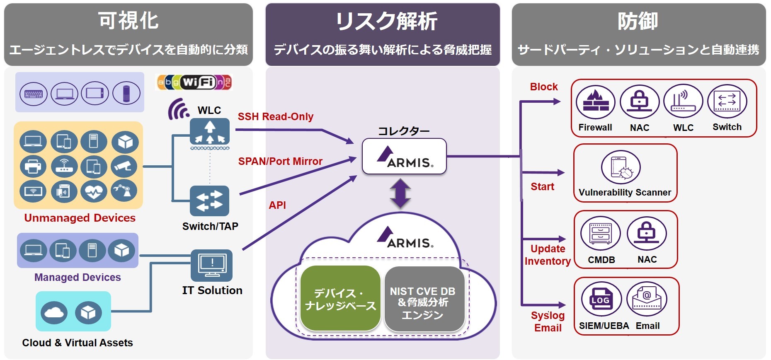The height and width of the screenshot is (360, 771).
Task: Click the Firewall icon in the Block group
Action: coord(596,102)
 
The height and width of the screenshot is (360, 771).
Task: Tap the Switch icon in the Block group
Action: coord(727,101)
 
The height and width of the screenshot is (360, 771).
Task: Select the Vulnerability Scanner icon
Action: coord(621,167)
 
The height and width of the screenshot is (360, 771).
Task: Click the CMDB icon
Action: coord(601,233)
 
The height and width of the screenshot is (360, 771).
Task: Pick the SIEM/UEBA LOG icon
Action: coord(601,299)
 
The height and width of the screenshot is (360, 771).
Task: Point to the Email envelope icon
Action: coord(647,299)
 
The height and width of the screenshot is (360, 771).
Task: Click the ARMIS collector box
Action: coord(404,157)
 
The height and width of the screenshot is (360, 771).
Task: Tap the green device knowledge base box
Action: coord(340,299)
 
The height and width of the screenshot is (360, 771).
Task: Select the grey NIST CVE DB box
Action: coord(423,299)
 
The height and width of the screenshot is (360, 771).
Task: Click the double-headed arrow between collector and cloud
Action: coord(400,193)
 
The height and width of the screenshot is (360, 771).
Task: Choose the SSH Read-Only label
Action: coord(276,117)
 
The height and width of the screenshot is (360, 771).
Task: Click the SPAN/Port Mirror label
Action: coord(280,161)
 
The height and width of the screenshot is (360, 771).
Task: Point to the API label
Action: coord(277,205)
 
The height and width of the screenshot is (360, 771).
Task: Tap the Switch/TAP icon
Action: coord(209,201)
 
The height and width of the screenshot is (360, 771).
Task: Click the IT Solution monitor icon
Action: coord(212,265)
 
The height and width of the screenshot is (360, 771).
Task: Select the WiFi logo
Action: coord(194,82)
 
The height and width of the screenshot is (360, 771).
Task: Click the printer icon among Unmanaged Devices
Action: coord(33,166)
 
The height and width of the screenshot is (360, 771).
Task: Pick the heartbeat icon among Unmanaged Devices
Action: coord(94,191)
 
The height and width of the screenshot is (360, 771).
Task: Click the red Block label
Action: coord(544,87)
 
